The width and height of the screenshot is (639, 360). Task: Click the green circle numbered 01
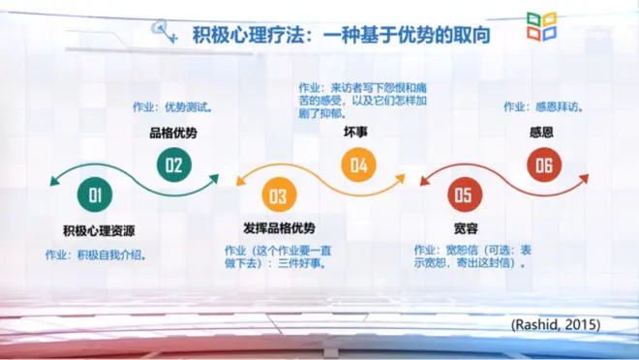coord(95,195)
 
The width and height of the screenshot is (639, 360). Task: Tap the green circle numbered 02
coord(174,165)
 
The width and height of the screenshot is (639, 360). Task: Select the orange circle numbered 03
coord(279,195)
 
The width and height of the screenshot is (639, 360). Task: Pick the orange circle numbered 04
coord(358,165)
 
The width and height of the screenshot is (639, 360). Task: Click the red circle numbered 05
coord(465,195)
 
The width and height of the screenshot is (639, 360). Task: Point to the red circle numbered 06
coord(544,165)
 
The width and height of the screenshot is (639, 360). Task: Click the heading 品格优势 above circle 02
coord(173,133)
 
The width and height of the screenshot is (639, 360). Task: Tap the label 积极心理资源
coord(99,231)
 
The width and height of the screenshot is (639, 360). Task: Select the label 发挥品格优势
coord(279,228)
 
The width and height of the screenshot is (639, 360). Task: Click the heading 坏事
coord(355,132)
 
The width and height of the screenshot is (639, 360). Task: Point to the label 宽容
coord(466,228)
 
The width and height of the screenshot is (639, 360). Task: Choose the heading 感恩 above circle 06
coord(541,133)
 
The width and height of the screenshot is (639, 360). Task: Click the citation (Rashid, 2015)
coord(556,324)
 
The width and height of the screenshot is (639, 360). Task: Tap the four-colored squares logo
coord(541,26)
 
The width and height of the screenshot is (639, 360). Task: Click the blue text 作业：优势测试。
coord(172,107)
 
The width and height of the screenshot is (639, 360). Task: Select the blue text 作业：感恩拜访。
coord(544,106)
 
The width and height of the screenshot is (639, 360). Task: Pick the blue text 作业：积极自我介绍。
coord(96,255)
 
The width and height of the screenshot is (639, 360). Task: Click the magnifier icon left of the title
coord(164,30)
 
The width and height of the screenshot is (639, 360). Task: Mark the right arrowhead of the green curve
coord(214,179)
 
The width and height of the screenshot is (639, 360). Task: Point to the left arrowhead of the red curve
coord(425,181)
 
